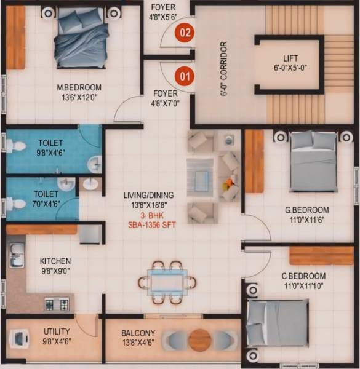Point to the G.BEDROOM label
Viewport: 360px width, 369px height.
point(306,210)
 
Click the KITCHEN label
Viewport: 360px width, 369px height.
point(55,261)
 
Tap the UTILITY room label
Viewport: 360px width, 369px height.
point(56,331)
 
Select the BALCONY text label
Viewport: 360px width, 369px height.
point(138,334)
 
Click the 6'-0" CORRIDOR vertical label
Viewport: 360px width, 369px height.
point(224,69)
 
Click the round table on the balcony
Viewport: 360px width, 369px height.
point(199,340)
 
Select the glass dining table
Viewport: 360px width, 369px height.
point(167,282)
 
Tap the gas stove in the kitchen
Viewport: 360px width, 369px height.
point(57,303)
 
